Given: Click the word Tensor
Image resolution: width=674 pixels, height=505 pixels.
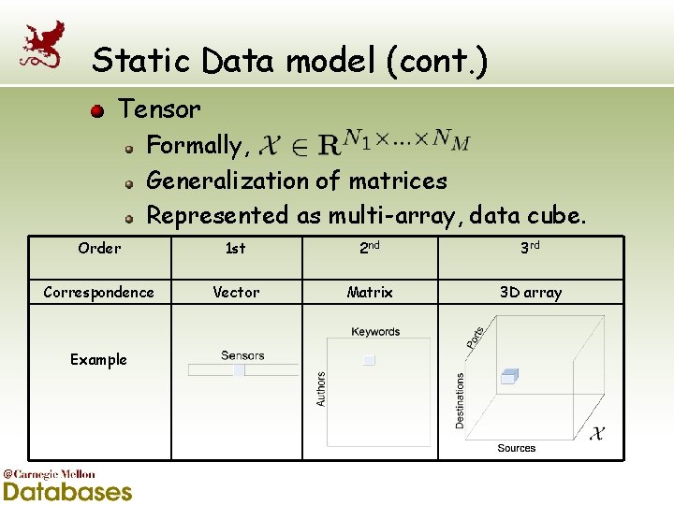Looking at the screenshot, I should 159,109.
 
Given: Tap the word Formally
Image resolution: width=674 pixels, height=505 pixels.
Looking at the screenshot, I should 194,145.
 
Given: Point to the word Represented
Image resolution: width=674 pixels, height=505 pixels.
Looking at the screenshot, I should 217,215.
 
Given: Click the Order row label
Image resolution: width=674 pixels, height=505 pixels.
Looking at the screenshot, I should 99,248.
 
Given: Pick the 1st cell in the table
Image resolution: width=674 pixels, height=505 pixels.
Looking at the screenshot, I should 236,248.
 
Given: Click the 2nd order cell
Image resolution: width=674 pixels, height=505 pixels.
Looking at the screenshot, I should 370,248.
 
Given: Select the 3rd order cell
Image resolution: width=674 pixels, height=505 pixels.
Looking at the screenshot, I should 530,248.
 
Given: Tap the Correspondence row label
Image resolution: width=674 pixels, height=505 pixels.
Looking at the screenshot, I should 99,292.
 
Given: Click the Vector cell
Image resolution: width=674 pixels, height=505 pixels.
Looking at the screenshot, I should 236,292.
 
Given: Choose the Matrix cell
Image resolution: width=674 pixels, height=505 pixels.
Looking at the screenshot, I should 370,292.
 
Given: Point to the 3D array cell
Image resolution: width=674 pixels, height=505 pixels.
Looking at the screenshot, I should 531,292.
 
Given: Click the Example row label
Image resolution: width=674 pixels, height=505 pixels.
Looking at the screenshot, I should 98,359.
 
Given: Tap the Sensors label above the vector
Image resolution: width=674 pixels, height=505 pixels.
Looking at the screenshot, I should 242,355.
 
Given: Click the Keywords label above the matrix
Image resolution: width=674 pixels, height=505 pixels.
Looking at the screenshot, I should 375,332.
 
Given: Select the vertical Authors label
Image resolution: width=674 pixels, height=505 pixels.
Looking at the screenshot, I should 321,388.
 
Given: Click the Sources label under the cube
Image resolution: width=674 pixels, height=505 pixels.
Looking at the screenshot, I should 517,449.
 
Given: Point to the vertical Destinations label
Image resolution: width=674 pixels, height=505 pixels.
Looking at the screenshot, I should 460,401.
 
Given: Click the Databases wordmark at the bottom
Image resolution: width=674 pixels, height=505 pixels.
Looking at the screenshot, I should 67,491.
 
